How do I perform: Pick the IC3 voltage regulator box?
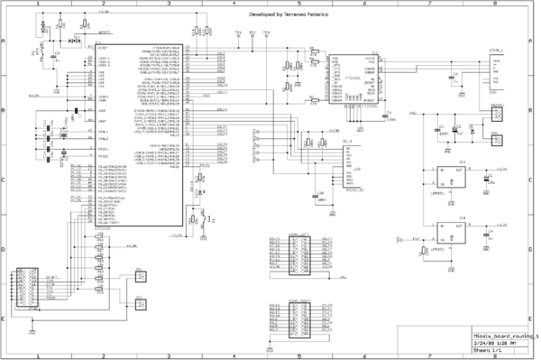pyautogui.click(x=447, y=179)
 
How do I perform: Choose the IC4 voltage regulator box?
pyautogui.click(x=447, y=235)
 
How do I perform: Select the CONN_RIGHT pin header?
pyautogui.click(x=298, y=321)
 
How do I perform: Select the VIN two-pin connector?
pyautogui.click(x=495, y=139)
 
